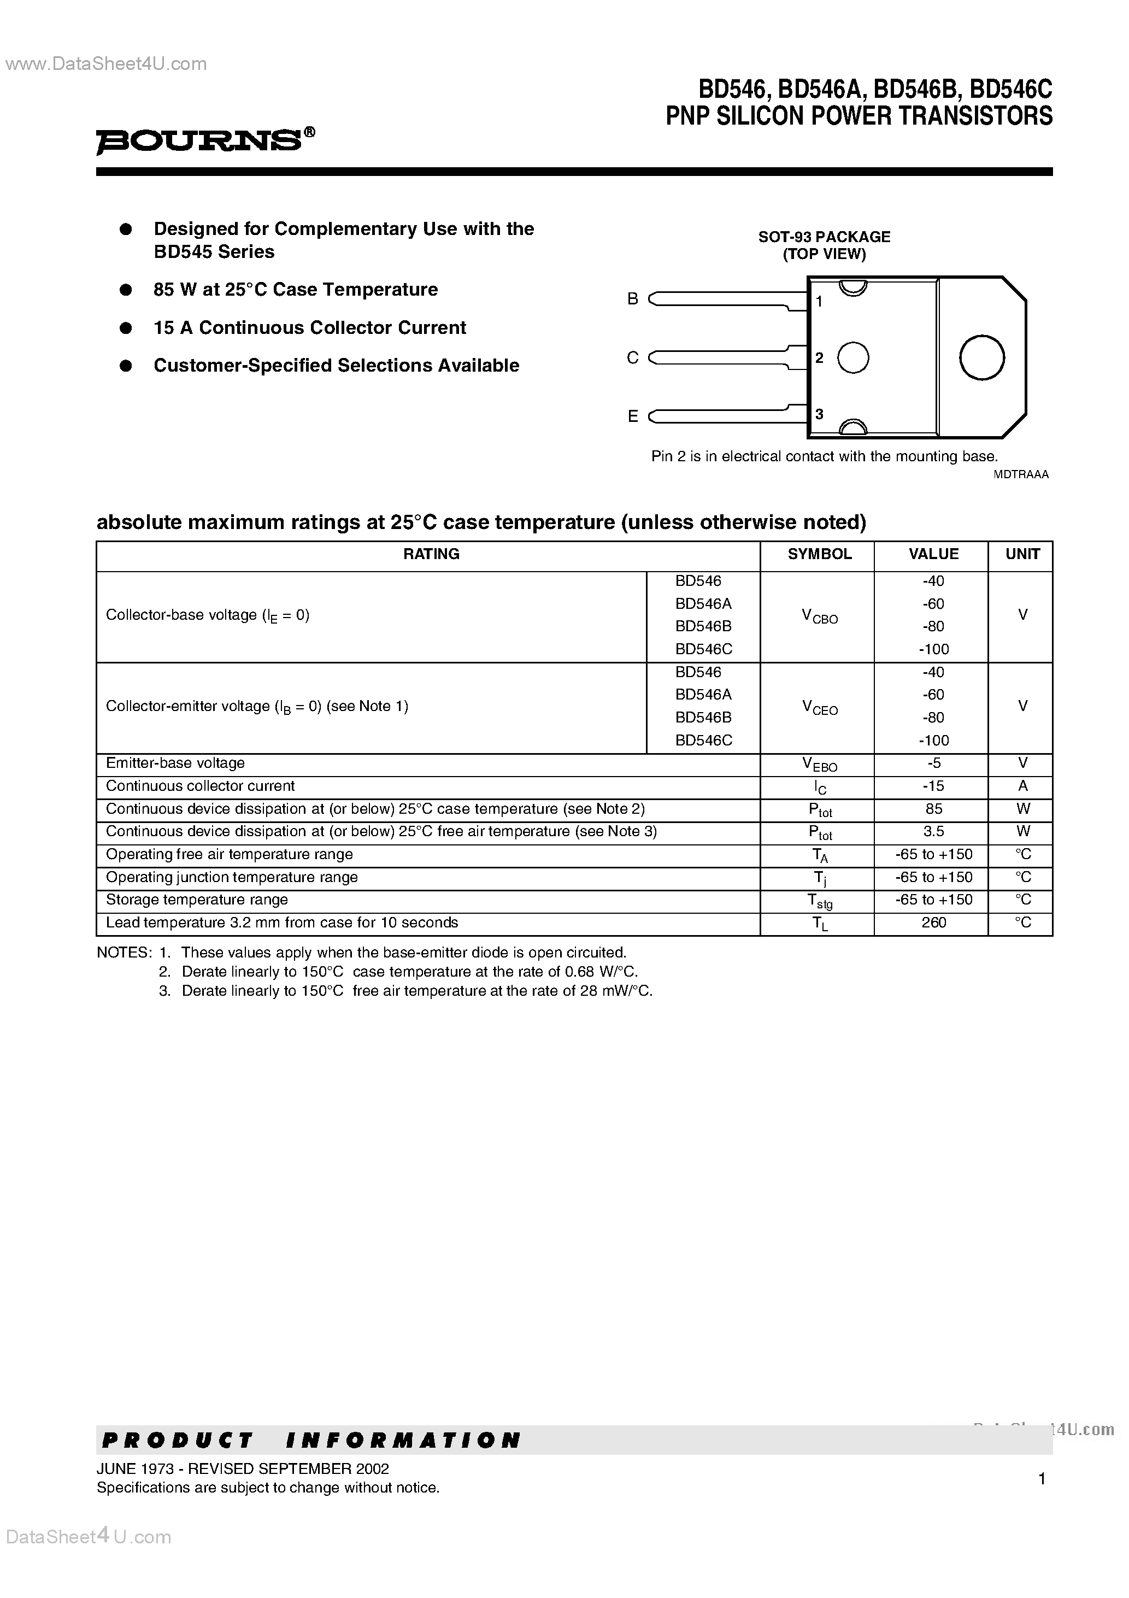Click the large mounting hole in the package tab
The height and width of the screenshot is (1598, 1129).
tap(981, 358)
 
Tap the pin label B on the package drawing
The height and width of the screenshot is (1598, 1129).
tap(632, 298)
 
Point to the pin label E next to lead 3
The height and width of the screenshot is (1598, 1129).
tap(632, 416)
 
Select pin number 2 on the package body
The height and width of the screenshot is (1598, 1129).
tap(819, 358)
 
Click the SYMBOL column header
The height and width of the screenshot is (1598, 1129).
tap(819, 554)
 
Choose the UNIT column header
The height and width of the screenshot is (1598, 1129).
tap(1022, 554)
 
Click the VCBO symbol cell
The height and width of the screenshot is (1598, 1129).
tap(819, 616)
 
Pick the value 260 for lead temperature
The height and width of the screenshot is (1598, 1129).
tap(933, 923)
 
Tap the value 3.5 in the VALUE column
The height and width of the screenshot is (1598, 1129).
tap(933, 832)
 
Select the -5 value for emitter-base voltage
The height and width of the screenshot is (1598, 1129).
tap(933, 763)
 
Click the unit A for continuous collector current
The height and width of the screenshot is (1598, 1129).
tap(1022, 786)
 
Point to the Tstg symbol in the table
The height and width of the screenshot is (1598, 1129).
tap(819, 901)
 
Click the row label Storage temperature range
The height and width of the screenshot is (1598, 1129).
tap(196, 900)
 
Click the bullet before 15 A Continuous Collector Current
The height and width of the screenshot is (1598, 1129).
tap(126, 328)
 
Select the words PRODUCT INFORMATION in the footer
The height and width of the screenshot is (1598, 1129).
tap(310, 1440)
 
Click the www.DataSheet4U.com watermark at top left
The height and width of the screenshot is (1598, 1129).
tap(106, 64)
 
